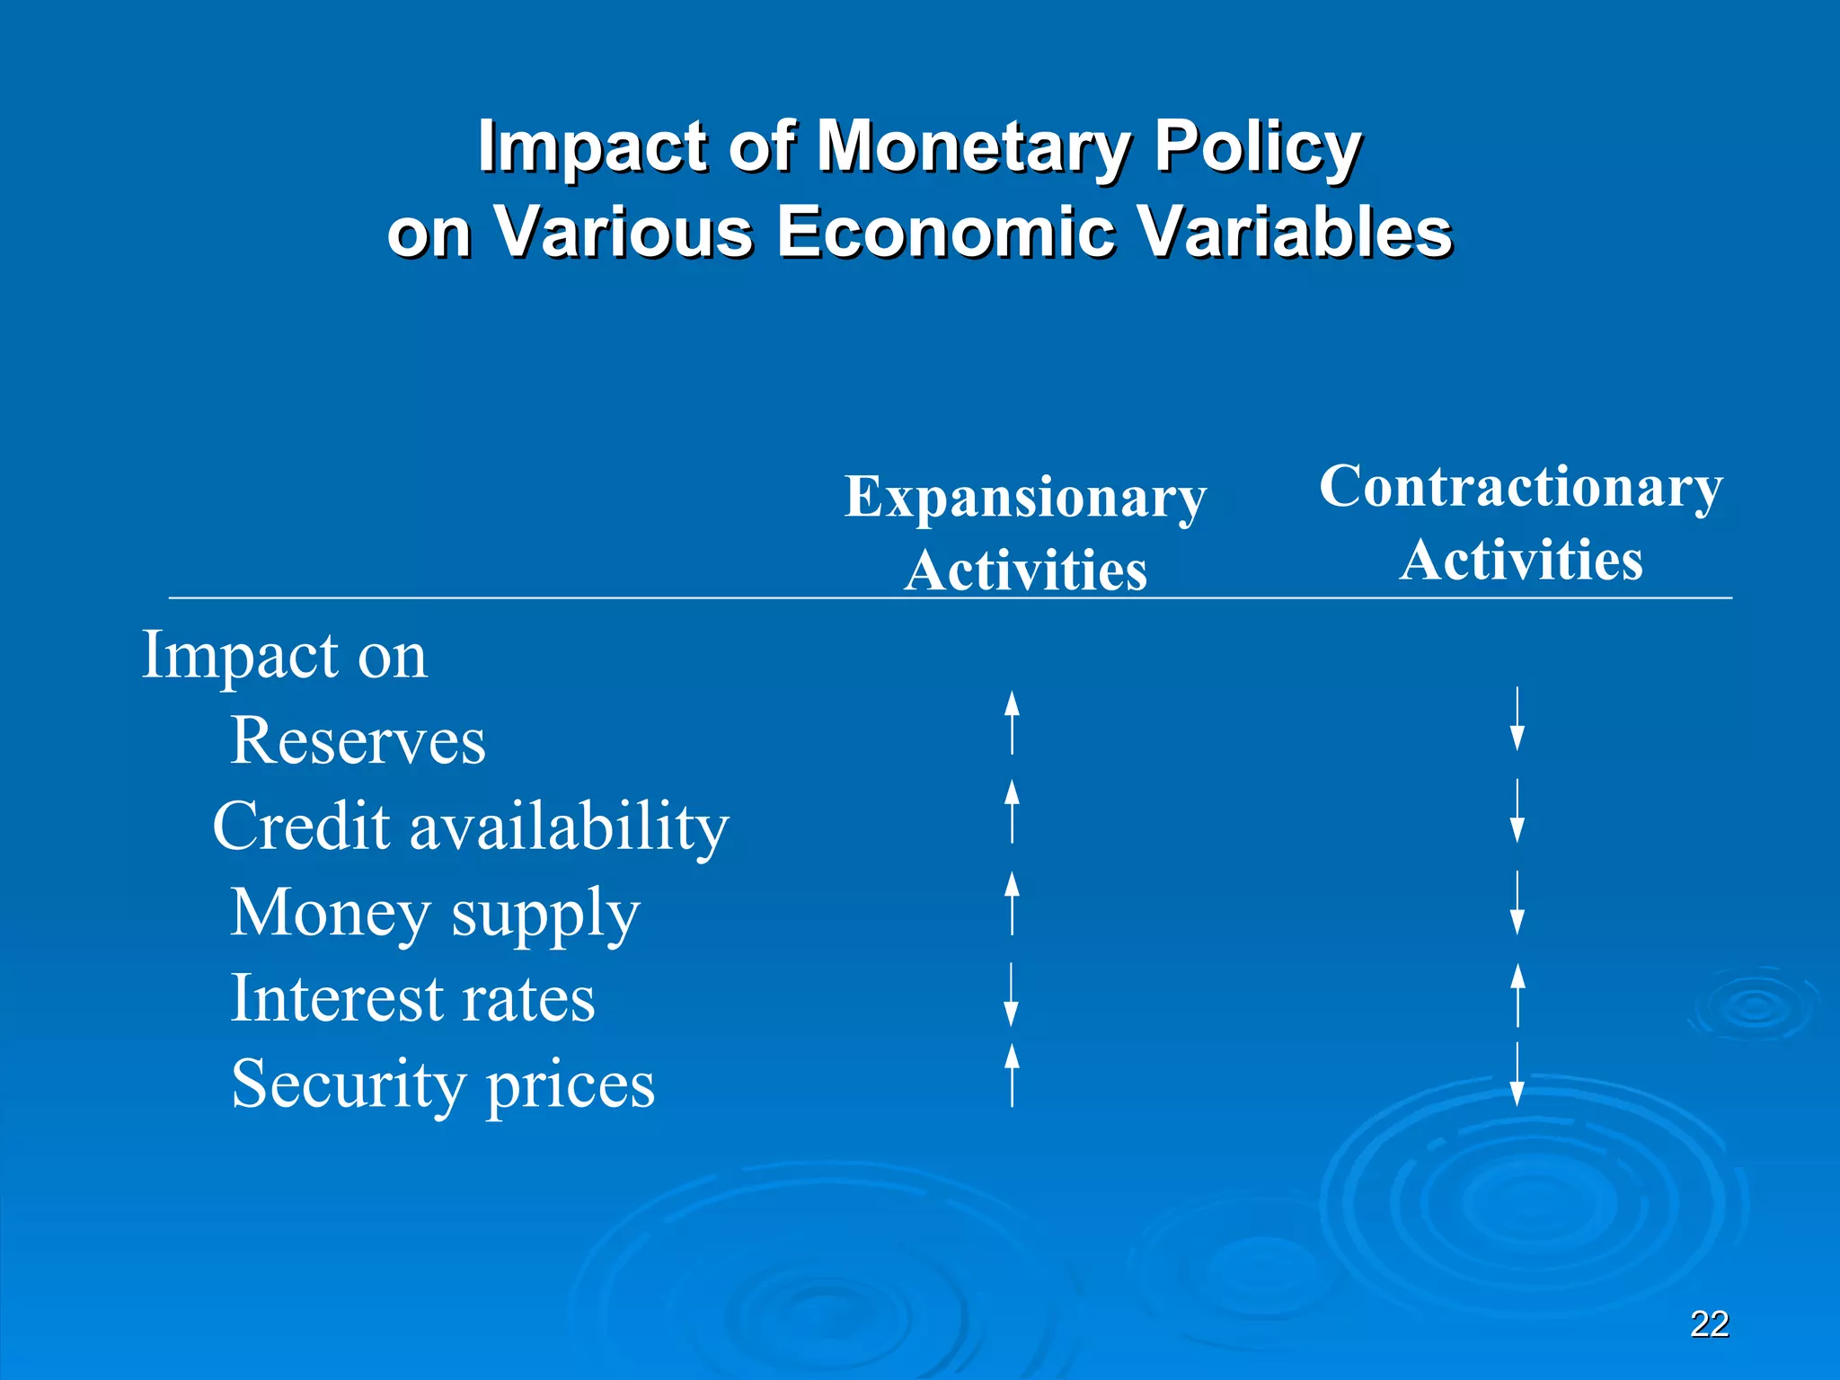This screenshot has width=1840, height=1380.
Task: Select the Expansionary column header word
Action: (x=1025, y=497)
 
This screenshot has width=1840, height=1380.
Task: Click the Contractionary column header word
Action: (x=1520, y=487)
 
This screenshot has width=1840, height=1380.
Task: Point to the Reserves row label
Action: (x=358, y=741)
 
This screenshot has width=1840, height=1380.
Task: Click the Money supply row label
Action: (x=435, y=913)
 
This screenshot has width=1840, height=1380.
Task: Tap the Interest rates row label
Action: (x=412, y=998)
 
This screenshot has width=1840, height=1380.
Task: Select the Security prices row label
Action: (x=443, y=1084)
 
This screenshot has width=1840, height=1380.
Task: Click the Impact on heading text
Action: (x=284, y=655)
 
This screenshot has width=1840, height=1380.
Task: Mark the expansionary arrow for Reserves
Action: (x=1012, y=722)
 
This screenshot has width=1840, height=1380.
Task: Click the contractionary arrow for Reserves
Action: (x=1517, y=719)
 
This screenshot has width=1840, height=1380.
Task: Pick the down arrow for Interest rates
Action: (x=1011, y=995)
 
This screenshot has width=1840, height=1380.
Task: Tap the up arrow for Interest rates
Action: (x=1517, y=995)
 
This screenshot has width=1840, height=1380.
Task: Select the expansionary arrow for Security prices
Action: (x=1012, y=1075)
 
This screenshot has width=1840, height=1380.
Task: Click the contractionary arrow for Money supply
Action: (x=1517, y=903)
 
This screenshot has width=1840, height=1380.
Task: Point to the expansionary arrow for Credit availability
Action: (x=1012, y=811)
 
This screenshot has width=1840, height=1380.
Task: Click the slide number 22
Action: (x=1709, y=1324)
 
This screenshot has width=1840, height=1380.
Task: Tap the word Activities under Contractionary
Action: (x=1520, y=560)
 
